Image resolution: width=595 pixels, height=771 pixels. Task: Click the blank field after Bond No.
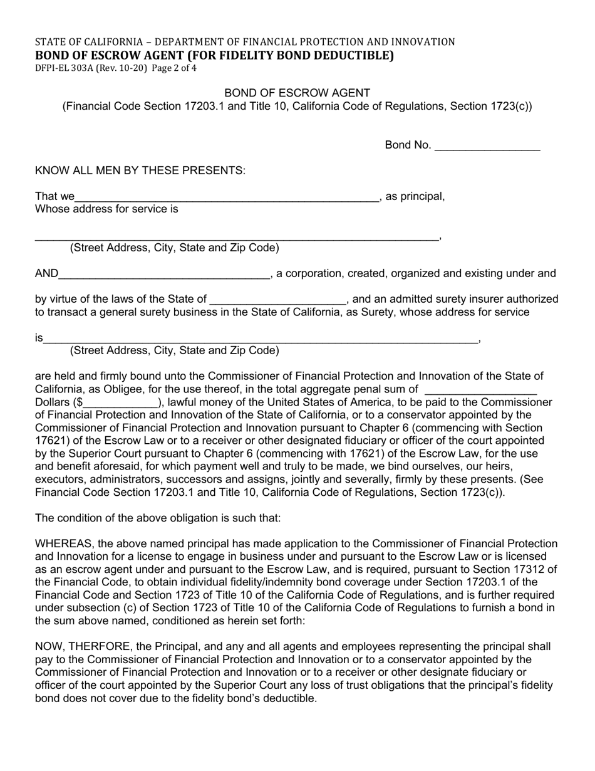[487, 147]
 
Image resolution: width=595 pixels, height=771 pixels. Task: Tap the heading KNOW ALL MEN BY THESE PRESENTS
[140, 170]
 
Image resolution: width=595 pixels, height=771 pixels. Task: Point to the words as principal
[415, 197]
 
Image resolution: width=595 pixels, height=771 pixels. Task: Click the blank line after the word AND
[164, 275]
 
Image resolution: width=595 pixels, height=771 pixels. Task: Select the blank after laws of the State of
[277, 300]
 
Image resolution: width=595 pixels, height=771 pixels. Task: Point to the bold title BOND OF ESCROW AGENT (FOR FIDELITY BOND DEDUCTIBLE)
[214, 55]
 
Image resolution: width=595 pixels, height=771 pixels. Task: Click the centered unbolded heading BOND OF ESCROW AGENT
[297, 93]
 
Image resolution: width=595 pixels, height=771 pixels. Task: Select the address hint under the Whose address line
[174, 248]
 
